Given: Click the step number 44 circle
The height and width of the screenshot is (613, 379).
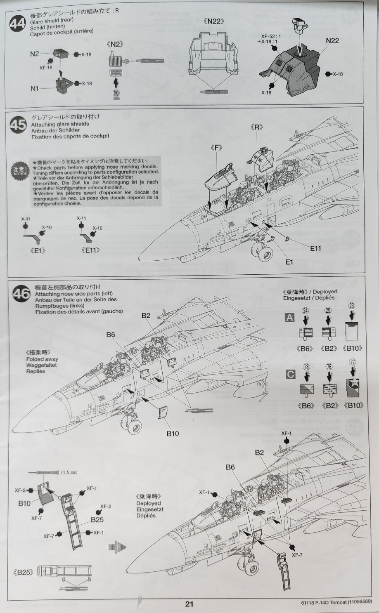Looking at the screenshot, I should (17, 24).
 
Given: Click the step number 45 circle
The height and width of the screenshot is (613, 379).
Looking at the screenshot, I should (18, 125).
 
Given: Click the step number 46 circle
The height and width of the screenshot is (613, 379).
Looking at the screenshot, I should (21, 294).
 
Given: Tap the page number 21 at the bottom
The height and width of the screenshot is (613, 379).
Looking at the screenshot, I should (189, 604).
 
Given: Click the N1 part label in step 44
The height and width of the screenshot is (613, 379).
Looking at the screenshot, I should (34, 89).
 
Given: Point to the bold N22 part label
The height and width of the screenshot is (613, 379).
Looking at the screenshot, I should (332, 40).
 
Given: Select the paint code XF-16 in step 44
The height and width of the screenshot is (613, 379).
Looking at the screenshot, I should (46, 68).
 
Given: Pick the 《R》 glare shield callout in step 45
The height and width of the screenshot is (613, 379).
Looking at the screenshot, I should (256, 127).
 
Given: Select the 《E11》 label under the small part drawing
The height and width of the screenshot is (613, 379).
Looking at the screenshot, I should (91, 250).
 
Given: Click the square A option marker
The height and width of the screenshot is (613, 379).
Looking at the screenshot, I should (290, 317).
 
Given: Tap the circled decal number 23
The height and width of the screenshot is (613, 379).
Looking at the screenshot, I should (352, 306).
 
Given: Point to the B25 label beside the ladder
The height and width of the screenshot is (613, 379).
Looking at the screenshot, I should (97, 519).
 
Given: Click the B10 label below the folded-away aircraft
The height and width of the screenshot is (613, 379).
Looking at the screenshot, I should (173, 434).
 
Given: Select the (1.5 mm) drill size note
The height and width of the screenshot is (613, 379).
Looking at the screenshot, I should (69, 472).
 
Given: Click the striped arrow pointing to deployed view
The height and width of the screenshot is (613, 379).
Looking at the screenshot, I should (116, 547).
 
